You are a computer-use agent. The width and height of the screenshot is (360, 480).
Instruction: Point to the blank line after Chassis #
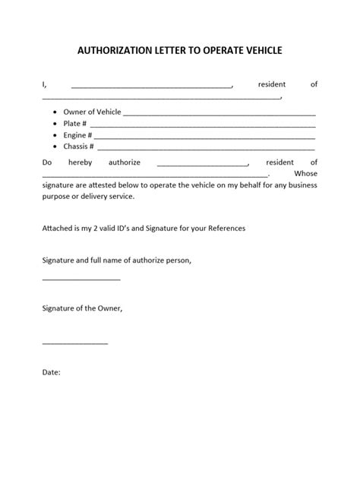click(x=205, y=147)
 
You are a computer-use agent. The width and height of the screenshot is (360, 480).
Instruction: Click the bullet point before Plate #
click(x=55, y=123)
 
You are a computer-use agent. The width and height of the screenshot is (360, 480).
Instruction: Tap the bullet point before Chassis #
click(x=55, y=146)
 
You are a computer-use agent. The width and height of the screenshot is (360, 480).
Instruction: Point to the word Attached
click(x=59, y=228)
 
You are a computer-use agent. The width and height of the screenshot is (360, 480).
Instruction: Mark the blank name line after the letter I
click(x=152, y=86)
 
